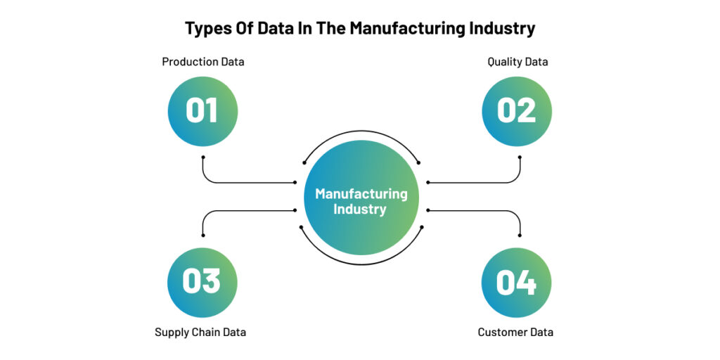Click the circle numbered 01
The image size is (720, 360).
[202, 112]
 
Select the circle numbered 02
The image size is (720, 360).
[517, 112]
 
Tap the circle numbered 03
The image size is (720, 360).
[202, 283]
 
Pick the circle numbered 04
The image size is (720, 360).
[516, 283]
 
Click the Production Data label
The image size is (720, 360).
[203, 62]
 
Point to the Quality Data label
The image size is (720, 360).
[517, 62]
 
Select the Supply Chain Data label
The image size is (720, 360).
[200, 332]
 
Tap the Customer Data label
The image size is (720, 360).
[515, 332]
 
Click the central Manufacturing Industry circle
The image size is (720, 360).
[361, 198]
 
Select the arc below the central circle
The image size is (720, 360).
[361, 264]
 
